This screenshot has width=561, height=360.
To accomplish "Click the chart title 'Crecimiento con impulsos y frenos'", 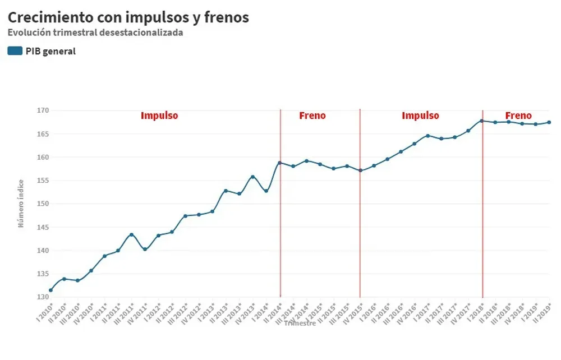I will [128, 17].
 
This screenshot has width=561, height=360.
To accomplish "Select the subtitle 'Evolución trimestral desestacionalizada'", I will [95, 33].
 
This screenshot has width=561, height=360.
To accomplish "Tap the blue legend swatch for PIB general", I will [15, 51].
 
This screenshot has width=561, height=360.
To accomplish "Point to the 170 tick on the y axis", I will [43, 110].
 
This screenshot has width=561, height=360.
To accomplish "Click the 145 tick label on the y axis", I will [43, 227].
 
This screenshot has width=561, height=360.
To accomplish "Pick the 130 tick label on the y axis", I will [43, 297].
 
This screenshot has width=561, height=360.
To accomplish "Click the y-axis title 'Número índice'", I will [21, 203].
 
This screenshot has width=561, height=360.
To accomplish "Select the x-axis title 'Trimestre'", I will [300, 323].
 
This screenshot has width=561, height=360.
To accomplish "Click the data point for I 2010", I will [51, 290].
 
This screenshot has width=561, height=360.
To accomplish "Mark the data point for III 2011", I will [131, 235].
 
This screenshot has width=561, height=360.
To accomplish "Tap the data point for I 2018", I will [481, 121].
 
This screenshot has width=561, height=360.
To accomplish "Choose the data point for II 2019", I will [549, 122].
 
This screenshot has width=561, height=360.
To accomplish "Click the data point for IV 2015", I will [360, 170].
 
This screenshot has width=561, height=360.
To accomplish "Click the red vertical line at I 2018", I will [482, 224].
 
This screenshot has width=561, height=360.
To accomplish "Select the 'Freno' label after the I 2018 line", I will [518, 116].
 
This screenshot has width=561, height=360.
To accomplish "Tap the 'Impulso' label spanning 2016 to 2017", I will [420, 116].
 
